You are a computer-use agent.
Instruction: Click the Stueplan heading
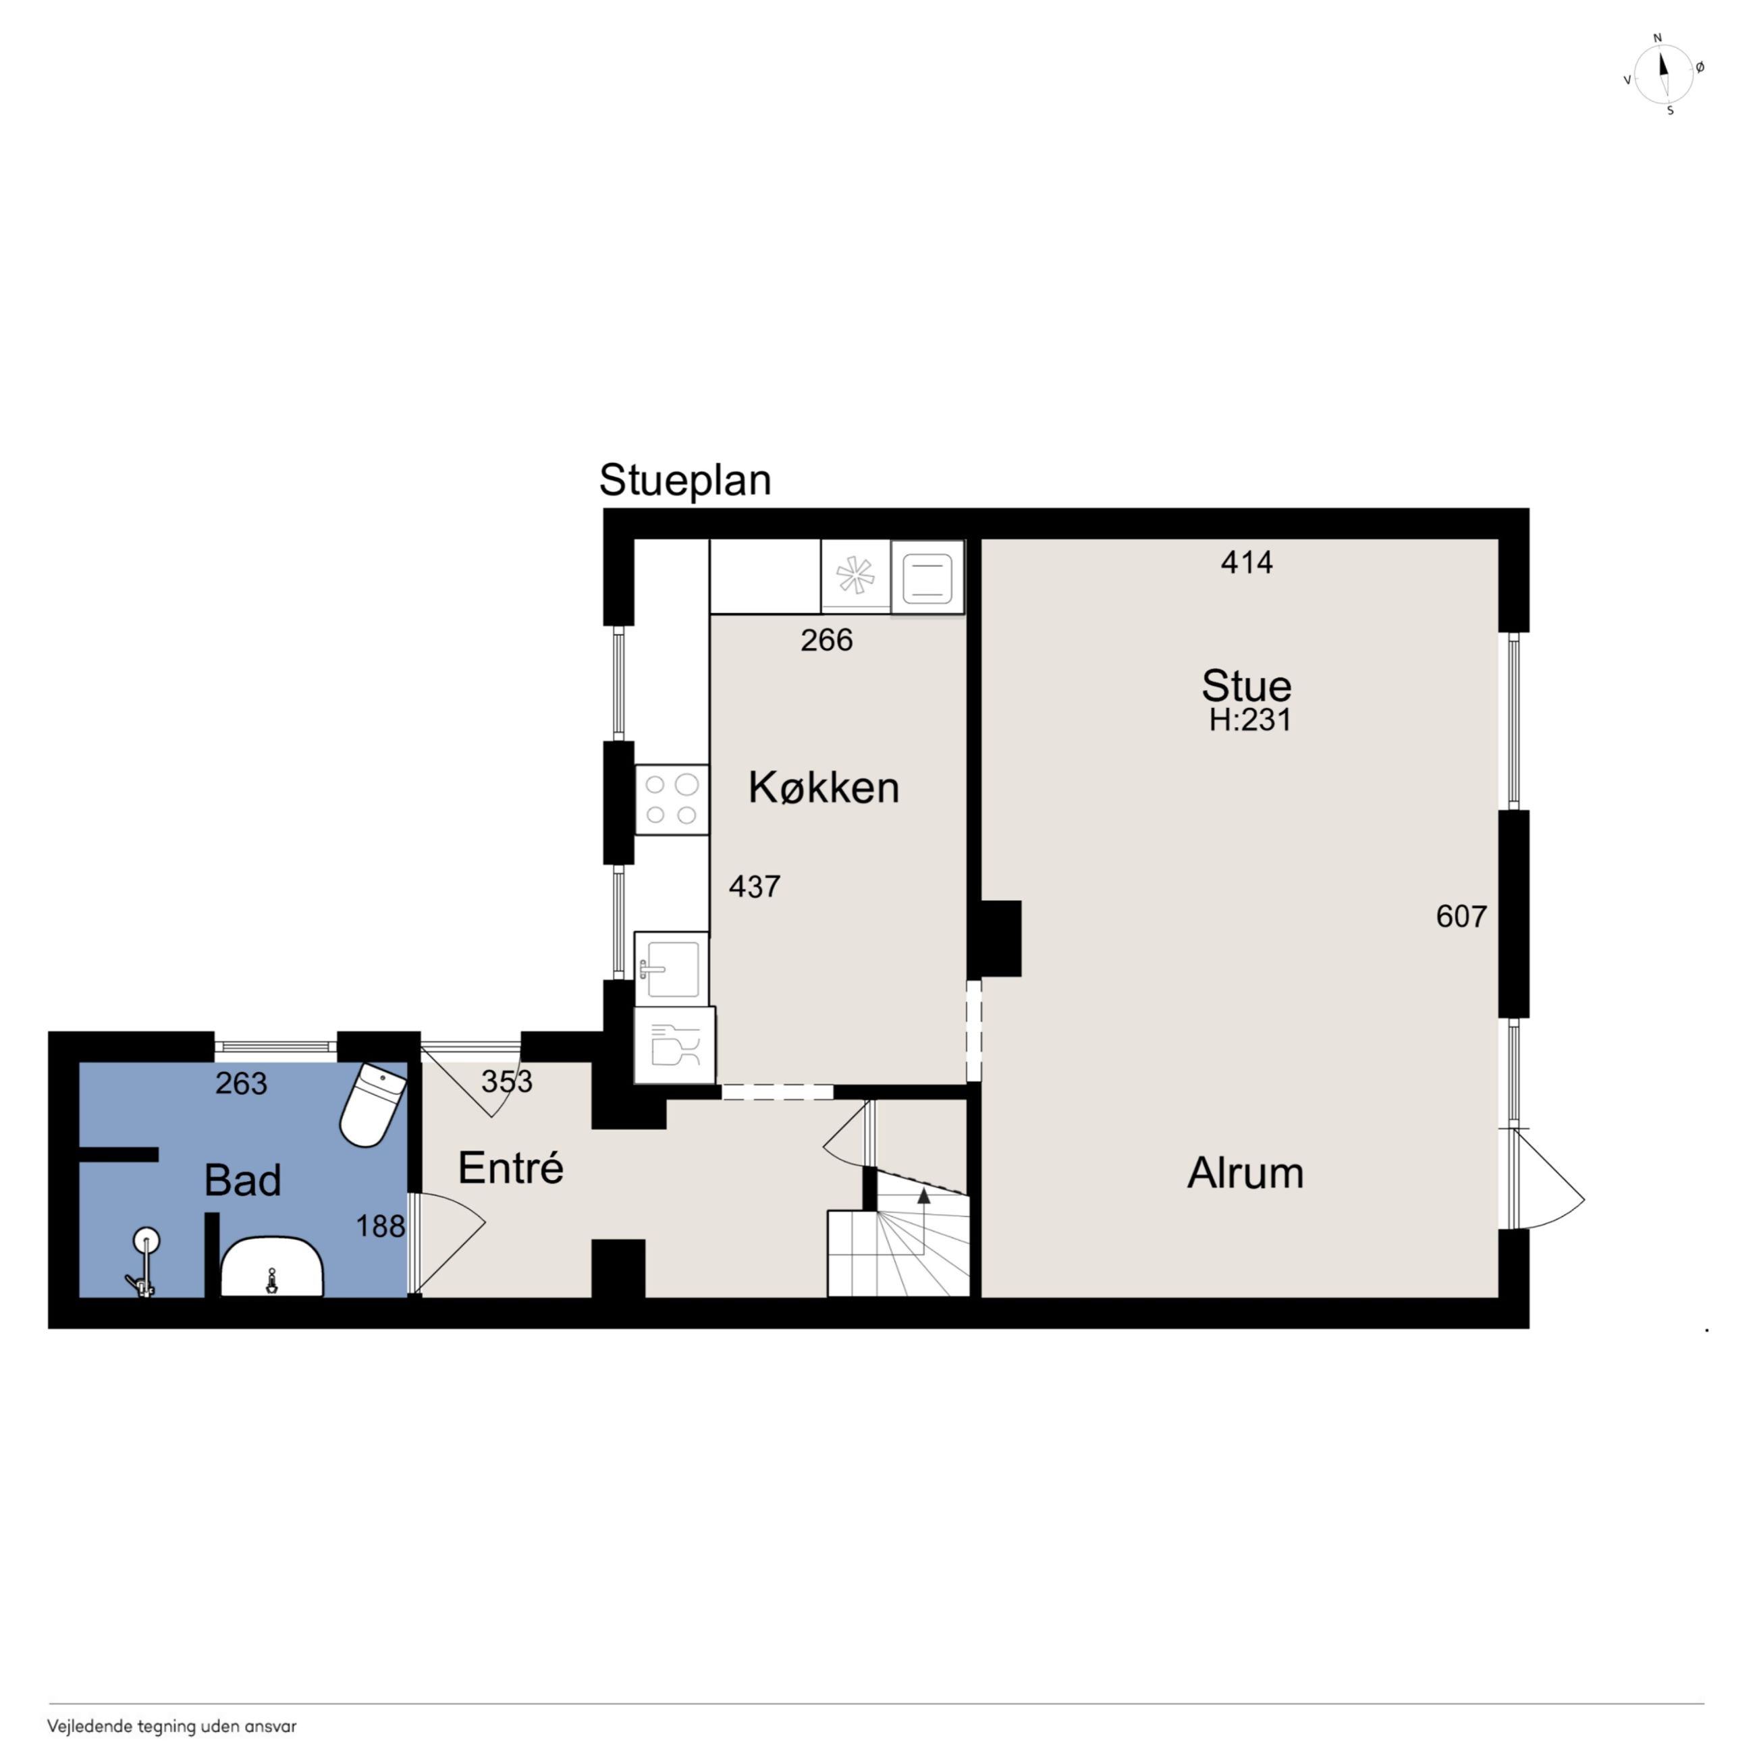click(685, 481)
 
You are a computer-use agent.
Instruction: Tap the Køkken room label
click(824, 788)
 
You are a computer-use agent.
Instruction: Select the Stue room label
click(1246, 686)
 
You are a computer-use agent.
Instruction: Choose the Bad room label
click(242, 1180)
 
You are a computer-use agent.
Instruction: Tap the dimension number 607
click(1461, 917)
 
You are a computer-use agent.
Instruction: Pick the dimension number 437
click(754, 886)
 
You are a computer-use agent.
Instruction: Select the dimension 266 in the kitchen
click(827, 641)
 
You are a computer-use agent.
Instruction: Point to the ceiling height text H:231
click(1250, 720)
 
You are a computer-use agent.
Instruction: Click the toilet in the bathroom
click(373, 1104)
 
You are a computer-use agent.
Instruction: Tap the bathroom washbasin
click(273, 1266)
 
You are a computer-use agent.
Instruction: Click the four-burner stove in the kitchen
click(672, 799)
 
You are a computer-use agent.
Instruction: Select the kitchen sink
click(672, 969)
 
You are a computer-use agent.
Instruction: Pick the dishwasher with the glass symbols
click(675, 1045)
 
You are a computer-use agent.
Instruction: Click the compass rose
click(1663, 74)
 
